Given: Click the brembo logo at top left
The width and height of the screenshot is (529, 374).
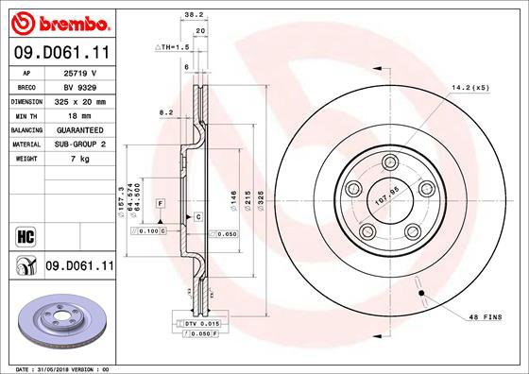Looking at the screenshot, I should point(59,21).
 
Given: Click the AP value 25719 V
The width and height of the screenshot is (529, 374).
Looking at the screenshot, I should point(80,72).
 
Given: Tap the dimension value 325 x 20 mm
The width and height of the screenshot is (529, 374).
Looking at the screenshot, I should point(80,99).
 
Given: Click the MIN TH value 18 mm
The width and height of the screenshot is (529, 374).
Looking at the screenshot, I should point(80,112).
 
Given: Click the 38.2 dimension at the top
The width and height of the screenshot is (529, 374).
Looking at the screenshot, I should point(192,14).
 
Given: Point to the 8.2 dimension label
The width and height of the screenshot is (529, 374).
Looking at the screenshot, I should point(166,112).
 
